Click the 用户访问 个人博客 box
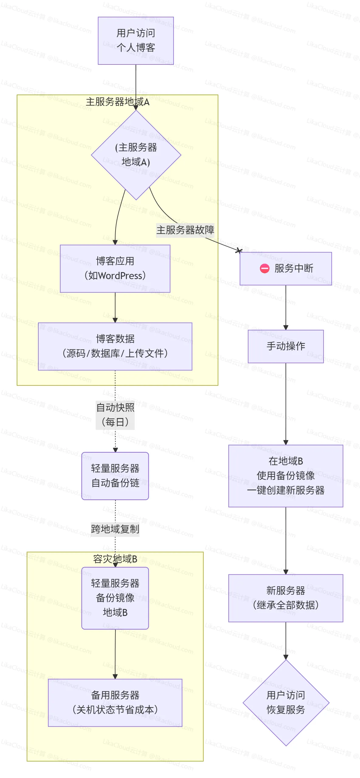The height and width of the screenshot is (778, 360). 136,40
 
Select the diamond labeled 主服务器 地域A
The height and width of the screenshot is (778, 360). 136,155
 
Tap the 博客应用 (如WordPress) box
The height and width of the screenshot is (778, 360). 115,268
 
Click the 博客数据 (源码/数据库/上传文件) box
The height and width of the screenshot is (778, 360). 115,346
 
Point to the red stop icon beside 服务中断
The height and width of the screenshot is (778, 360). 265,268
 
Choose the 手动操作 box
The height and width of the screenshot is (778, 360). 286,346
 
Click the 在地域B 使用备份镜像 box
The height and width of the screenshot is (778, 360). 286,476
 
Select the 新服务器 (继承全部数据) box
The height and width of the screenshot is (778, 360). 286,598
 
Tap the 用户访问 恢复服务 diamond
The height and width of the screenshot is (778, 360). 286,703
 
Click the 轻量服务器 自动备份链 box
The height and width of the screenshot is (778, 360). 115,476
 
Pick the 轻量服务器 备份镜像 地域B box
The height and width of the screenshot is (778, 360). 115,598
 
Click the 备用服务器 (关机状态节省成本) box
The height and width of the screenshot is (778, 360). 115,703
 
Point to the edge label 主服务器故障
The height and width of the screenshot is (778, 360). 185,230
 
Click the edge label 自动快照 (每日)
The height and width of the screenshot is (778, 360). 115,415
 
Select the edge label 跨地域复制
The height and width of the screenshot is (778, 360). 115,529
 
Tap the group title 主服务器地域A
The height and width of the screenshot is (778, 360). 117,102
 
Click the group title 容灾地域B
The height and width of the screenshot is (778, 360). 115,559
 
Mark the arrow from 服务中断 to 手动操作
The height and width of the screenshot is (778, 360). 286,307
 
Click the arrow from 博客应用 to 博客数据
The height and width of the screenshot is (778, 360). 115,307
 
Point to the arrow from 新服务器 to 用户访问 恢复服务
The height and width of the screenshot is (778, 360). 286,640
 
